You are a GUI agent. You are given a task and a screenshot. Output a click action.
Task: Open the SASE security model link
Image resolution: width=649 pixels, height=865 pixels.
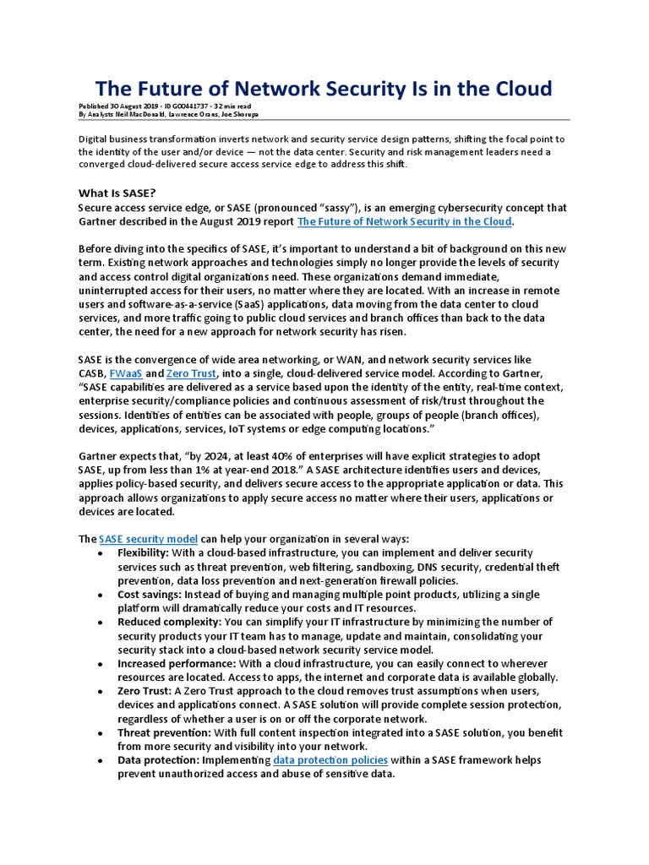tap(149, 538)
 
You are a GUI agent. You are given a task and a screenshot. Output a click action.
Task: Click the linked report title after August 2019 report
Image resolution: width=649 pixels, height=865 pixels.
tap(405, 221)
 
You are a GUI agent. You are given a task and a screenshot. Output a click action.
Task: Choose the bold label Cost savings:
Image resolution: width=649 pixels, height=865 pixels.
tap(153, 594)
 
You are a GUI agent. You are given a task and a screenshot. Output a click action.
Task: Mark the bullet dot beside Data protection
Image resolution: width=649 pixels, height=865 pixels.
tap(101, 761)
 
